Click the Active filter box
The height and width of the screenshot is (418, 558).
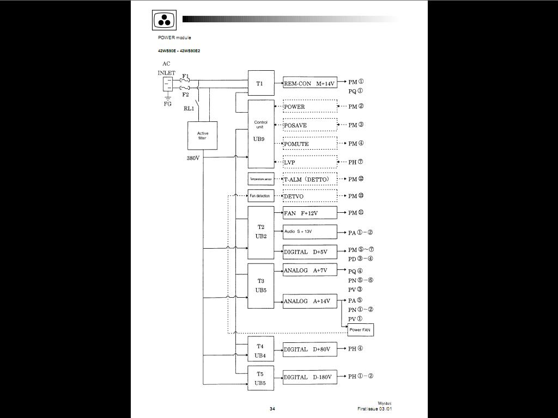click(202, 136)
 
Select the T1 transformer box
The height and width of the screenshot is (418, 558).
click(260, 83)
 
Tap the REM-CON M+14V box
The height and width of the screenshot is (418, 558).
click(310, 83)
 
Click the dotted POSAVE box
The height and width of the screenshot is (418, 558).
click(310, 125)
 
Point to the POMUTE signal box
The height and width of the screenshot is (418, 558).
click(310, 144)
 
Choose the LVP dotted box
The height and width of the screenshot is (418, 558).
click(310, 162)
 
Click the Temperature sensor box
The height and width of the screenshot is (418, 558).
click(260, 179)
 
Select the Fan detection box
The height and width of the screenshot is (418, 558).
click(260, 196)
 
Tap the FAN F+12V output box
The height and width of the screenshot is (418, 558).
click(310, 213)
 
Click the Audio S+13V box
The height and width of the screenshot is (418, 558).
click(310, 232)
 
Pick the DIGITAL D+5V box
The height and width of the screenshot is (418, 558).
click(310, 252)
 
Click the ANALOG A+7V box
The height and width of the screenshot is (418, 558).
click(310, 270)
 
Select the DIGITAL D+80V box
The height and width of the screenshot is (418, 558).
click(310, 349)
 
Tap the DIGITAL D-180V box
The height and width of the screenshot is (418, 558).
click(310, 377)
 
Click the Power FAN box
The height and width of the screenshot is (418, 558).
click(360, 330)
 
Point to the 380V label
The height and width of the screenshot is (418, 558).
click(193, 158)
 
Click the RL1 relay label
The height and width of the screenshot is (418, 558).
click(189, 108)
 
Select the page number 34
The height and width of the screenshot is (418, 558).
click(272, 409)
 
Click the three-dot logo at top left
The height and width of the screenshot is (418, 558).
click(164, 20)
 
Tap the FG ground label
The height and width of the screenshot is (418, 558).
click(167, 103)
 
